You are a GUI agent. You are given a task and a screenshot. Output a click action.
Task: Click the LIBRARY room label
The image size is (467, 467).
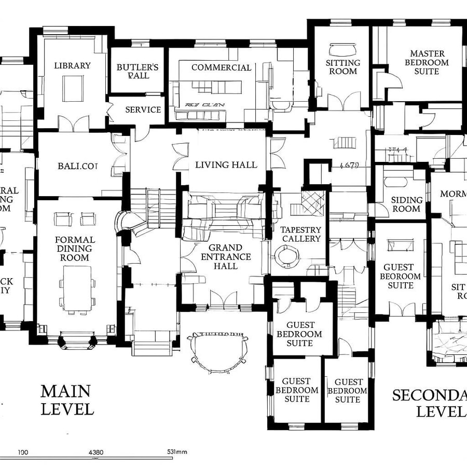click(x=72, y=65)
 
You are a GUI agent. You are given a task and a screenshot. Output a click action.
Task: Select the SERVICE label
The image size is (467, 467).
click(x=143, y=109)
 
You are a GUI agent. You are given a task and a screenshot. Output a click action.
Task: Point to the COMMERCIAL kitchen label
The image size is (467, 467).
click(x=221, y=67)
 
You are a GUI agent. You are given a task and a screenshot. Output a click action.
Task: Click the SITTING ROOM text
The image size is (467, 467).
click(x=342, y=66)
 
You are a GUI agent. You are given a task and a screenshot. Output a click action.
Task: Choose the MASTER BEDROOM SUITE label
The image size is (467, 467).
click(x=427, y=62)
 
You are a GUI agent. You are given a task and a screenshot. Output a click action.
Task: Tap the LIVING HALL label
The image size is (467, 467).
click(x=226, y=164)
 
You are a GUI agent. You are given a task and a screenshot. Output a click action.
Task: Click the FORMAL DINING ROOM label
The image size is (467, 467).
click(x=75, y=249)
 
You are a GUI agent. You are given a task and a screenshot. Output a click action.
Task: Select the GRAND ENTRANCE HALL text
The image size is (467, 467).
click(x=226, y=257)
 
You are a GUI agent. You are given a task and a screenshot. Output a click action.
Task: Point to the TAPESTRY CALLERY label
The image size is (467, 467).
click(x=300, y=234)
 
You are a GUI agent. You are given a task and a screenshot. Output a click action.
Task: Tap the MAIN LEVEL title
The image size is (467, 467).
click(x=66, y=400)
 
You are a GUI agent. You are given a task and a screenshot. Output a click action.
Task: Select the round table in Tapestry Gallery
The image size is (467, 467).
click(x=286, y=256)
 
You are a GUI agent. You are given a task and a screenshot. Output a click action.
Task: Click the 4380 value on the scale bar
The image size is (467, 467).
click(x=96, y=452)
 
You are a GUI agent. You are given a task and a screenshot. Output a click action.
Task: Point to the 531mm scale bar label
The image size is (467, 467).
click(x=176, y=452)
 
